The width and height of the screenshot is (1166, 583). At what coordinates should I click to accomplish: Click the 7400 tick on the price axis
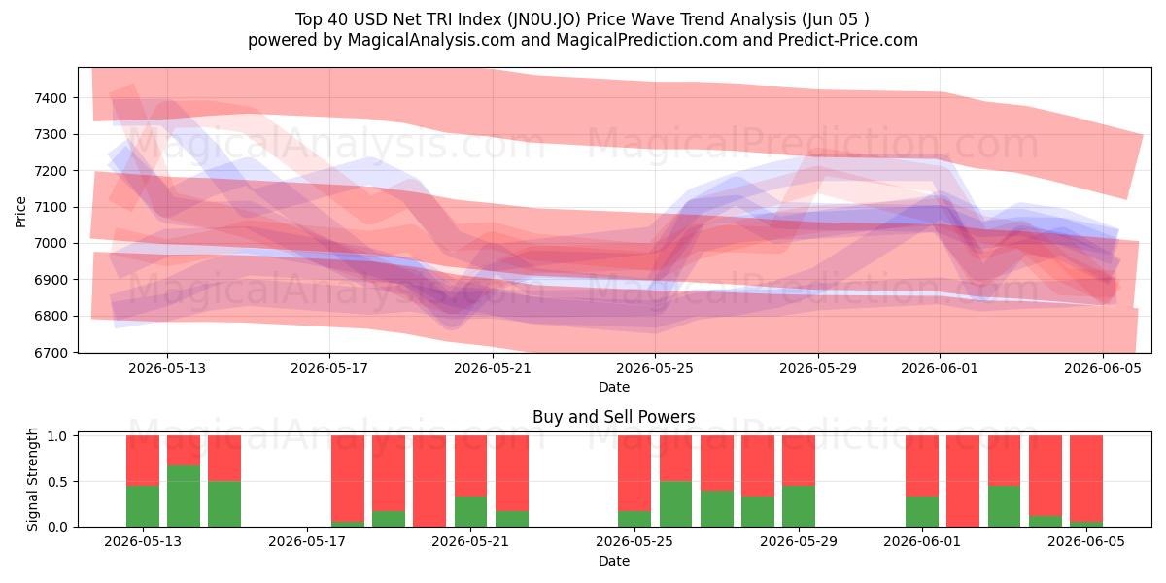pos(51,98)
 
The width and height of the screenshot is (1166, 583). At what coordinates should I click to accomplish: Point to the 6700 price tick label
pos(51,353)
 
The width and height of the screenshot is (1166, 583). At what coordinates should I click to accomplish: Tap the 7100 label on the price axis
pos(51,207)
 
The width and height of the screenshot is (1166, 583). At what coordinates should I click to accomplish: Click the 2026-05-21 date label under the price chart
pos(493,368)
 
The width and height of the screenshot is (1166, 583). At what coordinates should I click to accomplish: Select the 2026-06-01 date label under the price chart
pos(940,368)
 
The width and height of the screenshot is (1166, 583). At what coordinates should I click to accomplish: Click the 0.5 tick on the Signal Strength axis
pos(57,482)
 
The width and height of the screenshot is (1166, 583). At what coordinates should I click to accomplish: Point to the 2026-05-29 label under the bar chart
pos(799,541)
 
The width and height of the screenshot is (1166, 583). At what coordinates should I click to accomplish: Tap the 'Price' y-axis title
pos(20,212)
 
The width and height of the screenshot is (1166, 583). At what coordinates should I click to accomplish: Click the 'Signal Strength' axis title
pos(32,479)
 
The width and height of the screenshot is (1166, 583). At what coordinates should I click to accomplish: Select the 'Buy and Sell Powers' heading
pos(614,417)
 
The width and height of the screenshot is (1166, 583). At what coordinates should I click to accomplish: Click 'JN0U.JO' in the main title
pos(544,19)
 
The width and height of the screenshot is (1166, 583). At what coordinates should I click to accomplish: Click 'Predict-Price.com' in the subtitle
pos(848,40)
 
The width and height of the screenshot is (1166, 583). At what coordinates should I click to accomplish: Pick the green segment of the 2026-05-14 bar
pos(184,497)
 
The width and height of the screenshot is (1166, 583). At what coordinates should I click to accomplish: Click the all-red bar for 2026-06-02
pos(963,481)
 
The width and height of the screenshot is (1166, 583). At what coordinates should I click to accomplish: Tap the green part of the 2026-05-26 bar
pos(675,504)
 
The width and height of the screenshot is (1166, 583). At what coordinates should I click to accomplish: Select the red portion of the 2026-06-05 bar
pos(1086,478)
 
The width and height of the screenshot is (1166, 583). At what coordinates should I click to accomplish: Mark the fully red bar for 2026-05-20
pos(429,481)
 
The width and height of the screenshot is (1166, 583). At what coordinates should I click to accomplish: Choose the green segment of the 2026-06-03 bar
pos(1004,506)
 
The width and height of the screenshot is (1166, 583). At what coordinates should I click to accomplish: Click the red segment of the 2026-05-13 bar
pos(143,461)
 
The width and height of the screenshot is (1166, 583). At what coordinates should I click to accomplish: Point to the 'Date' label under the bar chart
pos(614,561)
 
